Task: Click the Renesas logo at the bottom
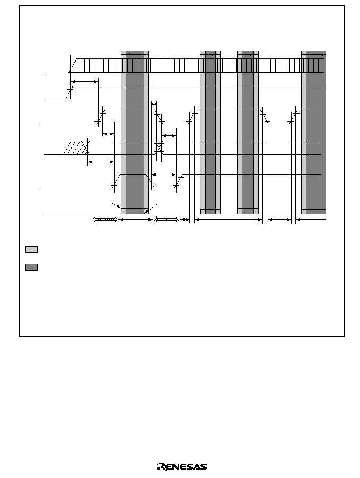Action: point(182,467)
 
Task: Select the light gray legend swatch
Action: point(31,249)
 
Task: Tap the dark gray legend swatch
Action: point(31,267)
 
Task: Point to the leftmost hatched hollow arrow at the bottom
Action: point(105,220)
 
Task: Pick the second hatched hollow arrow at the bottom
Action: point(166,220)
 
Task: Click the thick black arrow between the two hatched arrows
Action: point(135,220)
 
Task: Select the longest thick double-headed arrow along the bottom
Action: point(229,220)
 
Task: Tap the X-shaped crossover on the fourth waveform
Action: point(159,147)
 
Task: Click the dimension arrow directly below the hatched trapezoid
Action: point(101,162)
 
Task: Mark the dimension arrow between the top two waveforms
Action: point(84,81)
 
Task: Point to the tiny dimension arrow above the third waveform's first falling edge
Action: point(154,105)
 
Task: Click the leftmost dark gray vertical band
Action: point(135,133)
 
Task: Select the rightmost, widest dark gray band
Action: point(316,133)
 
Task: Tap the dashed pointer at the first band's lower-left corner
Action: point(115,205)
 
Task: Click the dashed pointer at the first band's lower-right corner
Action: point(151,207)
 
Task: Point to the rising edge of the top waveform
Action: point(73,66)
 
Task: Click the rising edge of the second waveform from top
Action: point(69,93)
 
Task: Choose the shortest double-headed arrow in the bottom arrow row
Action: point(185,220)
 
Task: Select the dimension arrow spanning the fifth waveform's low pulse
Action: point(164,175)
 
